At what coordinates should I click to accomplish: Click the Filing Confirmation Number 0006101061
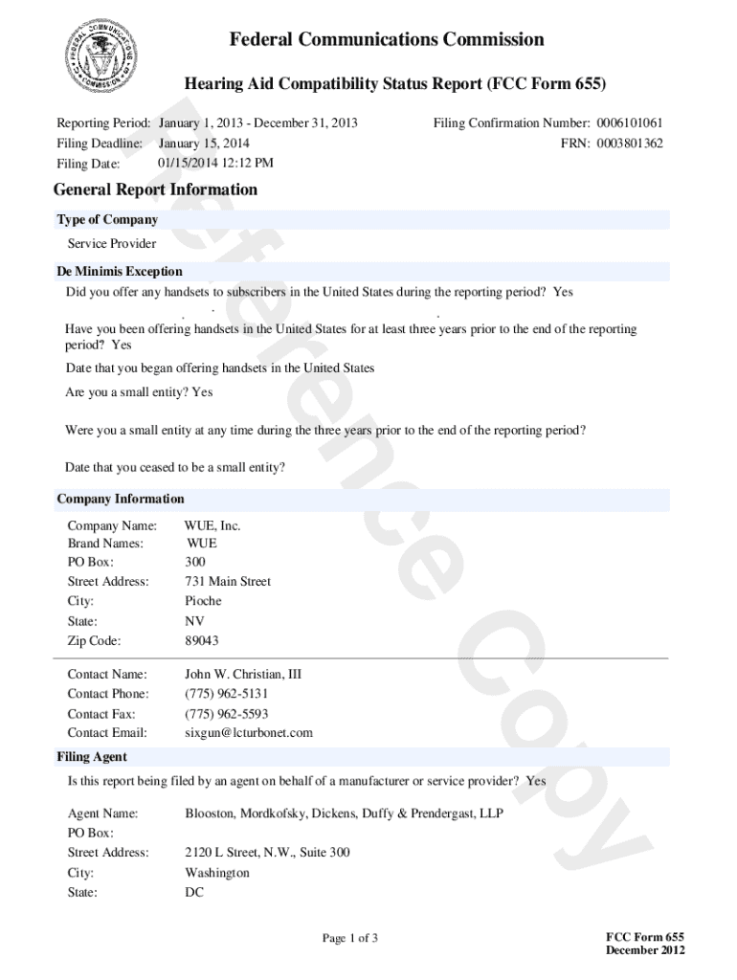pyautogui.click(x=630, y=123)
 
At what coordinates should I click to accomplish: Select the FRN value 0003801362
pyautogui.click(x=630, y=144)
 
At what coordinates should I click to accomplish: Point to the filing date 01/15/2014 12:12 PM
pyautogui.click(x=215, y=163)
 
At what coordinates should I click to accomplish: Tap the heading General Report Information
pyautogui.click(x=155, y=189)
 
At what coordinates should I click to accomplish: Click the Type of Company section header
pyautogui.click(x=107, y=220)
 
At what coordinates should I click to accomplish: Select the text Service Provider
pyautogui.click(x=112, y=243)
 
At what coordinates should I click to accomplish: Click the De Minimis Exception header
pyautogui.click(x=120, y=272)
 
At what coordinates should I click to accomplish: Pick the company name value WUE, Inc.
pyautogui.click(x=212, y=525)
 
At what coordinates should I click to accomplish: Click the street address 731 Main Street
pyautogui.click(x=228, y=581)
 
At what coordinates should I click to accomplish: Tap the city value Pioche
pyautogui.click(x=203, y=601)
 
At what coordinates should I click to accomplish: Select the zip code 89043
pyautogui.click(x=202, y=640)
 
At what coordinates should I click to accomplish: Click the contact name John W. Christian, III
pyautogui.click(x=243, y=674)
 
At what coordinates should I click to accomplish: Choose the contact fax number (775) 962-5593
pyautogui.click(x=226, y=714)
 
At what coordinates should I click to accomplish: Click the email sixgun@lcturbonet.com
pyautogui.click(x=249, y=733)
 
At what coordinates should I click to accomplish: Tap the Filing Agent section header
pyautogui.click(x=92, y=757)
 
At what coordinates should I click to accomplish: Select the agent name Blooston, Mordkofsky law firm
pyautogui.click(x=344, y=813)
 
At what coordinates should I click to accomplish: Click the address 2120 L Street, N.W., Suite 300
pyautogui.click(x=267, y=852)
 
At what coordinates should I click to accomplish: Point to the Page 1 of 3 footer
pyautogui.click(x=349, y=938)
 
